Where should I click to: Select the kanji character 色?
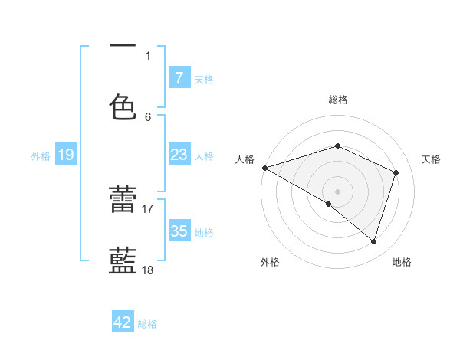123,106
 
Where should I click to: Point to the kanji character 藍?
123,260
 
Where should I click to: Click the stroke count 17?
148,208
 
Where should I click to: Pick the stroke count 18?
148,270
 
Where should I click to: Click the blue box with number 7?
179,77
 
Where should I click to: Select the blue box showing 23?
179,155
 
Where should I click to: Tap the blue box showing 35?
179,231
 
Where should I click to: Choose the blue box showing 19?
65,155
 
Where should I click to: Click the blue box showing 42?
123,322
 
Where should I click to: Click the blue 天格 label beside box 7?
204,79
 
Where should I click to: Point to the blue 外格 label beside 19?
41,156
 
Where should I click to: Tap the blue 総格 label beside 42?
148,324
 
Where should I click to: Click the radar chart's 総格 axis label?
337,100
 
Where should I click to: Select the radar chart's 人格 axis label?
245,159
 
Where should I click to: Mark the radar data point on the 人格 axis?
264,168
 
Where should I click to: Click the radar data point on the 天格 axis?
396,172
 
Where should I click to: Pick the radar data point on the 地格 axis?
373,241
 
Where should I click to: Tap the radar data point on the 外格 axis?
329,204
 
